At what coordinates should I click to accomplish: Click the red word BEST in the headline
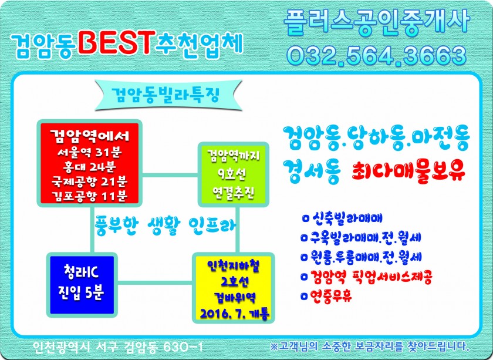pos(117,43)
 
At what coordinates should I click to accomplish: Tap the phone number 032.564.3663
pos(377,55)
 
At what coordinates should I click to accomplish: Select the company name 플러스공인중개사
pos(377,21)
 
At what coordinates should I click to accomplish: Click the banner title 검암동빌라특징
pos(166,95)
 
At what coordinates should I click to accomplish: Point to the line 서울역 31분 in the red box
pos(90,153)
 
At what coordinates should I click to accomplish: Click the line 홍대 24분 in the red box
pos(90,167)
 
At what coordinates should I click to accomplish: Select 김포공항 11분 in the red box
pos(90,196)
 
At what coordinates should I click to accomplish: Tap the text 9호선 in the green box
pos(232,174)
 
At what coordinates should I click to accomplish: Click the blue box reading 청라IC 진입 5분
pos(82,285)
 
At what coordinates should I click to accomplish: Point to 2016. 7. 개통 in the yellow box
pos(235,314)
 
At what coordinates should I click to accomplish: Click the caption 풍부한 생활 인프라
pos(166,225)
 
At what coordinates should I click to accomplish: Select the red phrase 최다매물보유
pos(408,171)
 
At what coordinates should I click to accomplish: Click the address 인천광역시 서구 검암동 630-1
pos(118,346)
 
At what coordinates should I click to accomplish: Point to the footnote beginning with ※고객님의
pos(370,346)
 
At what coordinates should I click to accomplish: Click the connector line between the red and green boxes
pos(170,175)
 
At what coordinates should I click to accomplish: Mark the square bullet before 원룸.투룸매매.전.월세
pos(304,257)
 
